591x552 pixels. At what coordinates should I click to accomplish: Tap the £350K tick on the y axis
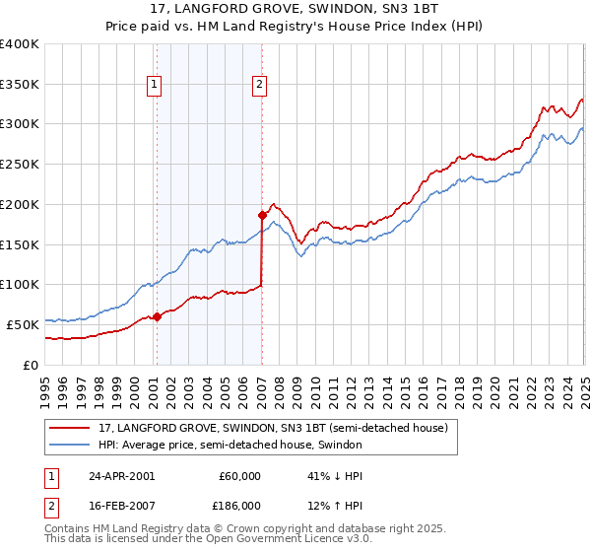(x=20, y=84)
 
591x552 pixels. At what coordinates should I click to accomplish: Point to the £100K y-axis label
(x=20, y=284)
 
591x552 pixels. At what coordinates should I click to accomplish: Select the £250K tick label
(x=20, y=164)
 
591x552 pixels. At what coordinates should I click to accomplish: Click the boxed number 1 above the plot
(x=156, y=86)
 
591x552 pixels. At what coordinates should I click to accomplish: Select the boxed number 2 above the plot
(x=258, y=86)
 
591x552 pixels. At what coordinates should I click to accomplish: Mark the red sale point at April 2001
(x=157, y=316)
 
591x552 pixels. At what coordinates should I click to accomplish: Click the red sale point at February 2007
(x=262, y=215)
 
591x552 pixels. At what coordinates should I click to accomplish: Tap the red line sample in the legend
(x=70, y=428)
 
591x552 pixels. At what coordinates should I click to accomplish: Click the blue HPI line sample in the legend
(x=70, y=445)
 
